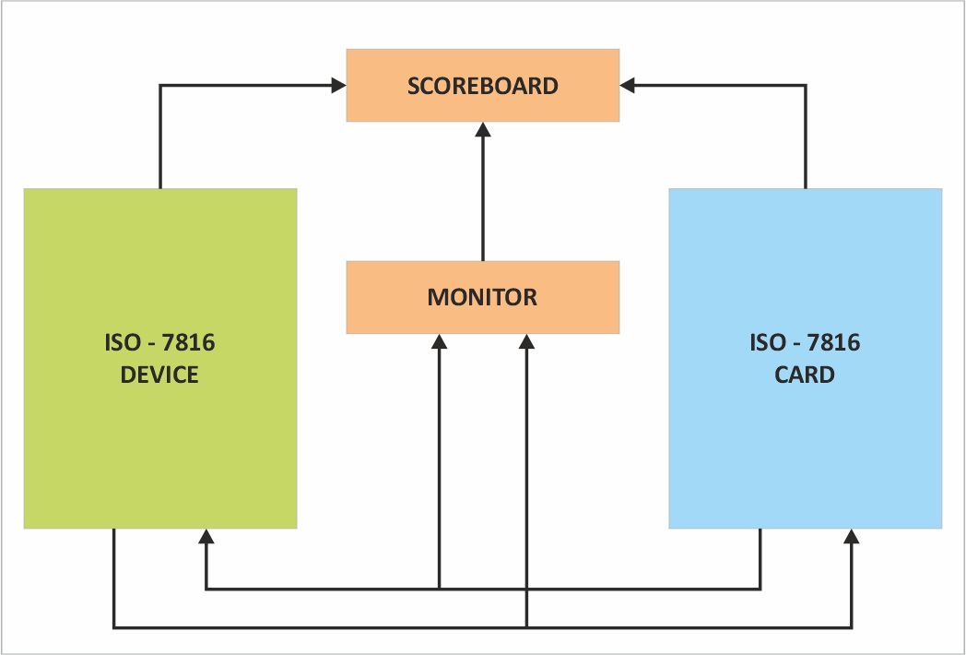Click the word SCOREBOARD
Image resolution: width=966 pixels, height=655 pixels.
coord(483,86)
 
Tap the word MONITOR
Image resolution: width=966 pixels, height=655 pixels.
coord(482,297)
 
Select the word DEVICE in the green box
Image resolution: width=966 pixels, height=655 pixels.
coord(159,375)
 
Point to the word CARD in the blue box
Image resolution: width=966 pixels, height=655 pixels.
coord(805,375)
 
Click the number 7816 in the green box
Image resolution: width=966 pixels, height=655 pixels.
coord(188,344)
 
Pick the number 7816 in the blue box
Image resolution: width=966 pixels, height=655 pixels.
coord(833,344)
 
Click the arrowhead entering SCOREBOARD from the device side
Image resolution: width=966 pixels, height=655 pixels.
coord(339,86)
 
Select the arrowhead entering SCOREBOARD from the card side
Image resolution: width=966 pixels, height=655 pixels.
coord(627,86)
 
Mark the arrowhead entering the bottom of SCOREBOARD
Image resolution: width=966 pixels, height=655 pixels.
coord(483,128)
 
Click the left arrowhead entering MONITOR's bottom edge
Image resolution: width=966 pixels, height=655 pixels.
coord(440,340)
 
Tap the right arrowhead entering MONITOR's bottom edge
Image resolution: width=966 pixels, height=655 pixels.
coord(526,340)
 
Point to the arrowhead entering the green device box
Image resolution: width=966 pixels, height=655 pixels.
coord(206,535)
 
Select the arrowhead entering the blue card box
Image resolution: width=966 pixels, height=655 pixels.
coord(852,535)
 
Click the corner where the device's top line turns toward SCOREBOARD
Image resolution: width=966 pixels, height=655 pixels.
coord(160,86)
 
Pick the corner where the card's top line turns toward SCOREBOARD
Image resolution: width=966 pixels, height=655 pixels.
coord(806,86)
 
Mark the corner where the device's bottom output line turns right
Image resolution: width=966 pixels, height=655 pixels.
coord(114,628)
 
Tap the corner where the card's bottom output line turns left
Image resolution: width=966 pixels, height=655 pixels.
coord(760,588)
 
